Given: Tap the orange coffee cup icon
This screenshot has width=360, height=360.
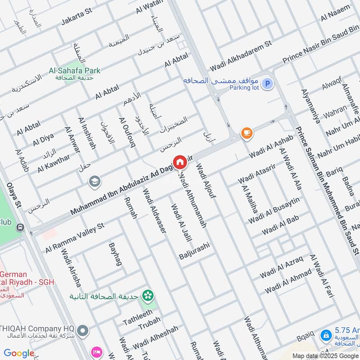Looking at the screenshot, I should click(x=246, y=133).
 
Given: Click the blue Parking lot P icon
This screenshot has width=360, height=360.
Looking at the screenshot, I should click(x=267, y=84).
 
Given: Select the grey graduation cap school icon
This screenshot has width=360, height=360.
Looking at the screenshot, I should click(x=94, y=181).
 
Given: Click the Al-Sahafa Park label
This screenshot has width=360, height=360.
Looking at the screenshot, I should click(x=75, y=71).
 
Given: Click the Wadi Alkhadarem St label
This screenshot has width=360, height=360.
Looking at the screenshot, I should click(x=241, y=57).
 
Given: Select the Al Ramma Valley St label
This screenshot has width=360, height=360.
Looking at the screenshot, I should click(x=74, y=237).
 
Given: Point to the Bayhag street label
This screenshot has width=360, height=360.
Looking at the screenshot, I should click(x=115, y=254).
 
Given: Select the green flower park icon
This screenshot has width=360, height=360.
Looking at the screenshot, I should click(x=147, y=296).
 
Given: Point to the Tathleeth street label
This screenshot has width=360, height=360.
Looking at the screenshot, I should click(x=138, y=318).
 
